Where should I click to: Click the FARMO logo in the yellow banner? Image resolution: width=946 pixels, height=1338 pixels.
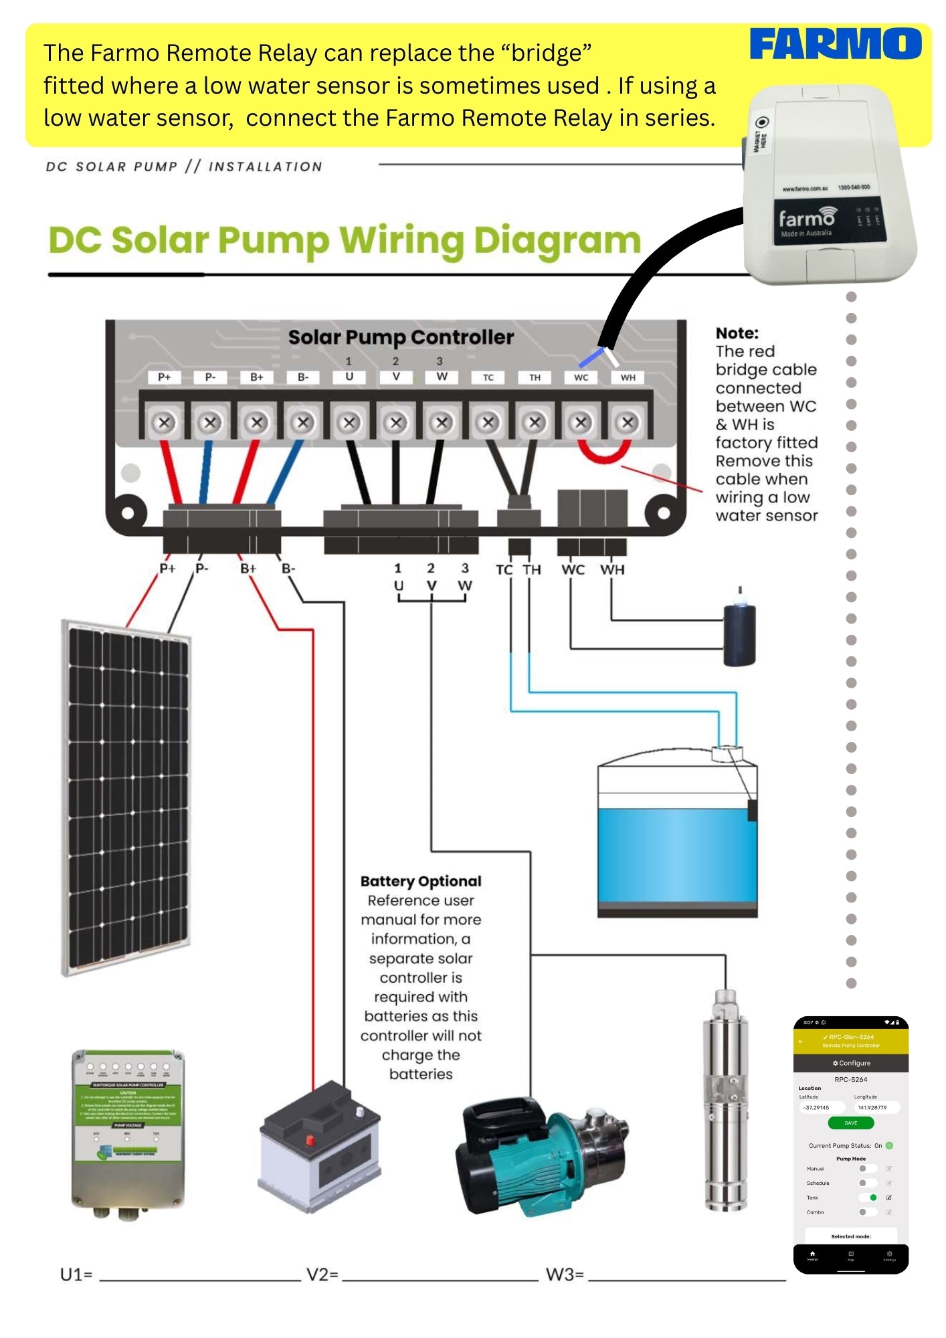835,44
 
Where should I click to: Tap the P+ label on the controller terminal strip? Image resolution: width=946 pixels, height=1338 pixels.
165,377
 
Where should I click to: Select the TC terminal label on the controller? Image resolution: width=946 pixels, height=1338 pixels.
488,377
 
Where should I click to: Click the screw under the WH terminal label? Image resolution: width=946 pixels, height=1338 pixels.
627,423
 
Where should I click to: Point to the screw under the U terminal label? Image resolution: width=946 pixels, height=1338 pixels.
349,423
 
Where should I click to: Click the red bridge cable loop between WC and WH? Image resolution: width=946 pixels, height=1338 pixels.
603,454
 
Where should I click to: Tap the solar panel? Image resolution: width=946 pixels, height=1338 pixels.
127,796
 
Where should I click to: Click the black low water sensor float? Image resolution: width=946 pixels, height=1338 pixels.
739,634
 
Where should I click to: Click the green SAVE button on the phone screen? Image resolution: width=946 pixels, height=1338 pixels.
850,1123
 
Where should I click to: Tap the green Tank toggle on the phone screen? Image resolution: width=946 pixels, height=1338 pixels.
869,1198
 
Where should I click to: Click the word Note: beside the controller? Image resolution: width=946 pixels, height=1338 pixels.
737,333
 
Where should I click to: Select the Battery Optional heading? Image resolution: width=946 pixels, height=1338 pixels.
421,881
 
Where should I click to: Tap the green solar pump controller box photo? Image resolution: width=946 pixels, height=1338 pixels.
128,1131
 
